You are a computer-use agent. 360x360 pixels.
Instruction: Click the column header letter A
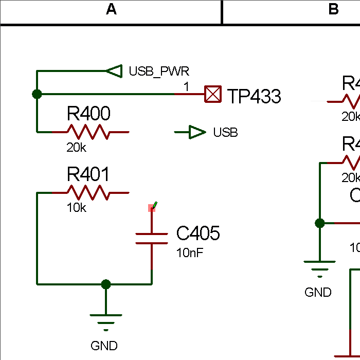click(111, 9)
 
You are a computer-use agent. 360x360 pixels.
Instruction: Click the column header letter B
click(333, 9)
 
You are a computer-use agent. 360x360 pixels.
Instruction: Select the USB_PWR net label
click(159, 71)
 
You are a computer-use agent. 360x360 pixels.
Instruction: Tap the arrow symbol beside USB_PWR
click(114, 70)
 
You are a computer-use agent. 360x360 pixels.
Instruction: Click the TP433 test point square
click(213, 95)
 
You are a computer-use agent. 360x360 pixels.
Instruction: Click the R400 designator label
click(88, 113)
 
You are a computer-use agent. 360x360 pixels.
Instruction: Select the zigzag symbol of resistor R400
click(88, 132)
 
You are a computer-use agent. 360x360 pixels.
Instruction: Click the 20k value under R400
click(77, 148)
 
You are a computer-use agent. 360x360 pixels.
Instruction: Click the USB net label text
click(225, 133)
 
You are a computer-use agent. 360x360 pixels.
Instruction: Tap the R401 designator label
click(88, 174)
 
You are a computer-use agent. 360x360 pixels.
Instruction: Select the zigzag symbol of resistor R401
click(88, 193)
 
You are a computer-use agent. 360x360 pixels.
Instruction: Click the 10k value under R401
click(77, 208)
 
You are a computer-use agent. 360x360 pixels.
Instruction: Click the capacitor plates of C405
click(152, 239)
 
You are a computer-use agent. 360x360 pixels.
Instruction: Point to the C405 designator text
click(198, 233)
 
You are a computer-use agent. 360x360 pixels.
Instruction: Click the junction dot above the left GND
click(106, 284)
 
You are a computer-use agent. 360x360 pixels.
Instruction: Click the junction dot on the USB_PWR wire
click(37, 94)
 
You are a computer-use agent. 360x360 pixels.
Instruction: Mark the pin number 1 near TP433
click(187, 87)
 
